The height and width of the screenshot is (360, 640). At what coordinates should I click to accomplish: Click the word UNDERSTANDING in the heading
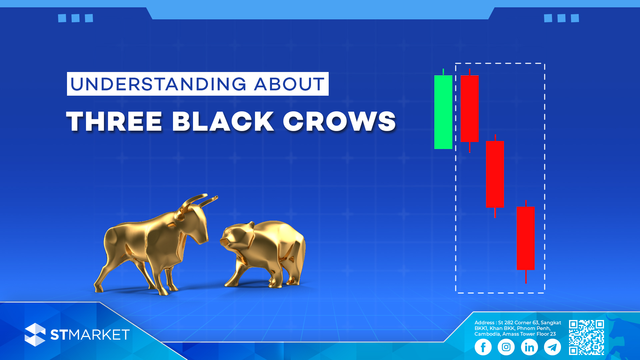(158, 84)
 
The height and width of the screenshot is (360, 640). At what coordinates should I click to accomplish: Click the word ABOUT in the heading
(289, 84)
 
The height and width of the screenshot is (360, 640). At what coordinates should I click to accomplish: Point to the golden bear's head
(236, 237)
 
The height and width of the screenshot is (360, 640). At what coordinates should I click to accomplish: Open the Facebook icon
(483, 347)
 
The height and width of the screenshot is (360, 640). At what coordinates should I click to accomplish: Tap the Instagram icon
(506, 347)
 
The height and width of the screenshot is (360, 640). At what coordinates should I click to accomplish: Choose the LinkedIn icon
(529, 347)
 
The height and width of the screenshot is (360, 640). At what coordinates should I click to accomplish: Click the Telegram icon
(552, 347)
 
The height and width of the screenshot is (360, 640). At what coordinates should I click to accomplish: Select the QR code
(586, 337)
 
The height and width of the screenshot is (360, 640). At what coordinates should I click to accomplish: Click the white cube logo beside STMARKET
(35, 335)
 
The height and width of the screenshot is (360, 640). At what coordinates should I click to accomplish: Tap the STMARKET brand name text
(90, 335)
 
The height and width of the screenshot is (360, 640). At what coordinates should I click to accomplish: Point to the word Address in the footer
(484, 323)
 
